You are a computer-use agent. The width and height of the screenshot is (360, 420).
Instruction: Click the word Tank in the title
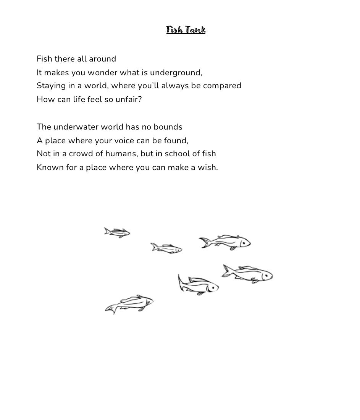tap(196, 30)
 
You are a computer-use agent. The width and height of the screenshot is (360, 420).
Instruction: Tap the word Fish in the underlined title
tap(175, 30)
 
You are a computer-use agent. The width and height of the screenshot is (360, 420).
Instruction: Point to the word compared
tap(222, 86)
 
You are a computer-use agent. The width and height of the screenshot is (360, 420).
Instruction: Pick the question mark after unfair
tap(140, 99)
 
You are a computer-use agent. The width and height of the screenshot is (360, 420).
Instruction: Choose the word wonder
tap(102, 73)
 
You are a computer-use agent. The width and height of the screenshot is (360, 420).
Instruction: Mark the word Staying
tap(51, 86)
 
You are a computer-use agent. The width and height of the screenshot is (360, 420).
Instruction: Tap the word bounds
tap(168, 127)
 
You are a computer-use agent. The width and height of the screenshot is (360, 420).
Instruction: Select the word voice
tap(124, 141)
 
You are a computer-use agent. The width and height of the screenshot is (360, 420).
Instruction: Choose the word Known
tap(50, 167)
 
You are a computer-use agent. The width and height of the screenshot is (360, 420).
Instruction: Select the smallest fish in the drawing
tap(117, 232)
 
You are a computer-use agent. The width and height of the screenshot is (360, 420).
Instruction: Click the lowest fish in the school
tap(130, 304)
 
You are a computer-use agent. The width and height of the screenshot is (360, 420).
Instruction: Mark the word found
tap(176, 141)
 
